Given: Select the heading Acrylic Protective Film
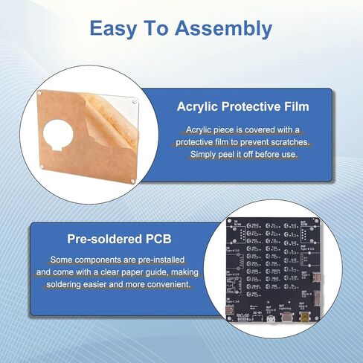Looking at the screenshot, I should coord(242,106).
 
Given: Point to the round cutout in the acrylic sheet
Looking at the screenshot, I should coord(57,139).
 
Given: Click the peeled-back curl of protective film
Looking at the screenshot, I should coord(104,123).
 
